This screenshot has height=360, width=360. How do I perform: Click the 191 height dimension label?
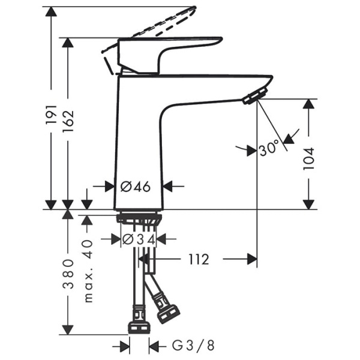click(51, 114)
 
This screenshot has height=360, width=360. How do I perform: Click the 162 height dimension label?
click(70, 123)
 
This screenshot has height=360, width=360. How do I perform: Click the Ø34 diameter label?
click(139, 239)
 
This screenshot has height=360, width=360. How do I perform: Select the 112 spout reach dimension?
click(199, 259)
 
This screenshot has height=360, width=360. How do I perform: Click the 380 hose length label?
click(70, 273)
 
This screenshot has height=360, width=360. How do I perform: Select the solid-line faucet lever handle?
click(168, 51)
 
